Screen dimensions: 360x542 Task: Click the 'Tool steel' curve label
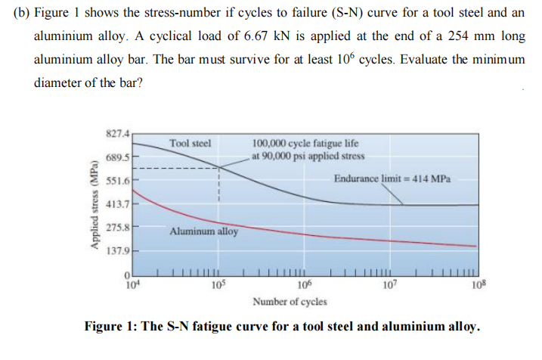pos(190,142)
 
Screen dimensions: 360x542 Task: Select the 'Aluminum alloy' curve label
pos(203,231)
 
